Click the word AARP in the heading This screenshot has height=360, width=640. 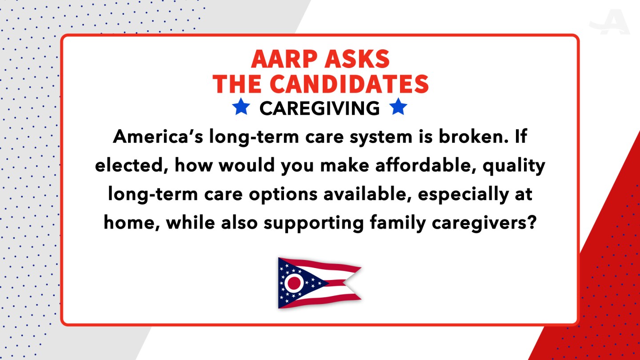(x=282, y=59)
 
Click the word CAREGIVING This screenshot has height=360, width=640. (x=320, y=108)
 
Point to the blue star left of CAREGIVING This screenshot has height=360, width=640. (x=241, y=107)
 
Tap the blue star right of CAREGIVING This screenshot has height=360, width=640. (x=398, y=107)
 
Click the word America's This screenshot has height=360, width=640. (x=158, y=136)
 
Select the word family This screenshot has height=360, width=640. (x=398, y=223)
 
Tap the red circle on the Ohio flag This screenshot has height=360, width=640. (x=294, y=283)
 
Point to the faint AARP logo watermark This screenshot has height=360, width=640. (x=610, y=22)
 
